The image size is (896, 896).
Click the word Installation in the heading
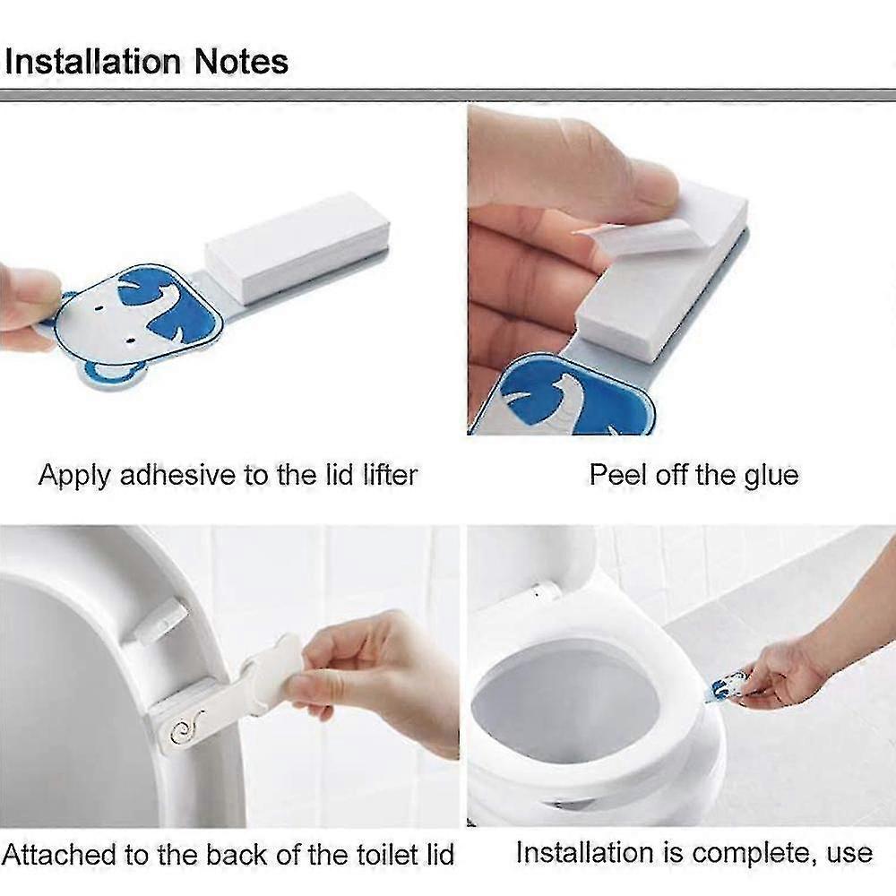pyautogui.click(x=92, y=61)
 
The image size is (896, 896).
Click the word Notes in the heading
pyautogui.click(x=241, y=61)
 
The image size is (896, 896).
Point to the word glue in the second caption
pyautogui.click(x=771, y=476)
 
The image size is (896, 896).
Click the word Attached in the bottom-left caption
pyautogui.click(x=59, y=854)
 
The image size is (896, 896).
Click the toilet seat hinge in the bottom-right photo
pyautogui.click(x=545, y=590)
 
